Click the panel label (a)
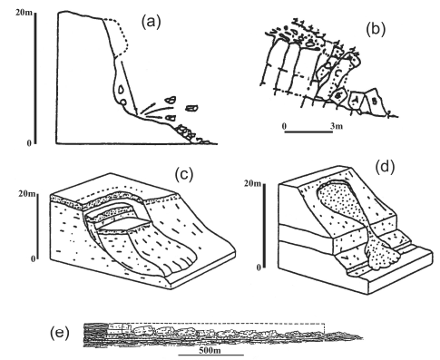click(152, 23)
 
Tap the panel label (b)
click(376, 30)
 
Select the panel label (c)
click(184, 175)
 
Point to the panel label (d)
click(385, 167)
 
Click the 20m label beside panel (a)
click(24, 13)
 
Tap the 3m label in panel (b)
click(337, 125)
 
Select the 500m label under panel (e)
click(210, 350)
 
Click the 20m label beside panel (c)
click(26, 193)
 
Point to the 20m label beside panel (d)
click(252, 183)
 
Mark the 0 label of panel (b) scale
click(284, 126)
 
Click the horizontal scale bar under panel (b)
click(308, 131)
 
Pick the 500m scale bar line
click(211, 355)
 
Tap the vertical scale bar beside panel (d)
click(264, 226)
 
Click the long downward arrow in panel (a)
click(129, 87)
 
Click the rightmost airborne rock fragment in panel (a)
click(191, 108)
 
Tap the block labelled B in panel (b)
click(375, 101)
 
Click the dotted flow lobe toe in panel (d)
click(382, 257)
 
